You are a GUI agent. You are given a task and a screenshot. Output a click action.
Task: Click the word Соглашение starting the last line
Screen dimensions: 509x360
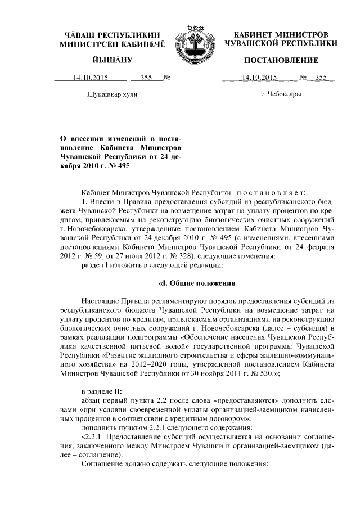click(x=102, y=464)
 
